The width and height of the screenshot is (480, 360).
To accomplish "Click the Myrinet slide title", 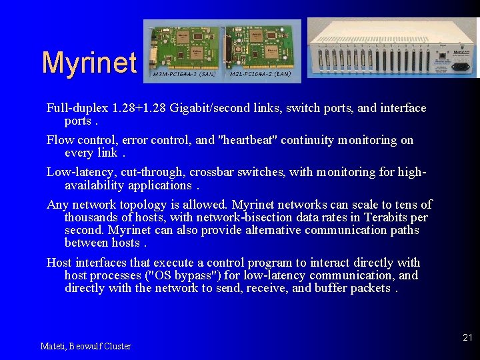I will (89, 63).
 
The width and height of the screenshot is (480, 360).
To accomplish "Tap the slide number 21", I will (467, 338).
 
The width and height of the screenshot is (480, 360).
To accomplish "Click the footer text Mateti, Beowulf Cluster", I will (85, 346).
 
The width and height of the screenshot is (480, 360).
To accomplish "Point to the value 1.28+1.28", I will (139, 108).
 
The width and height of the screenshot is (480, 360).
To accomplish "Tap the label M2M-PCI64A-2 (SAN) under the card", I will (182, 75).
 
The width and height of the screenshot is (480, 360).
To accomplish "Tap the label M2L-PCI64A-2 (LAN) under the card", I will (260, 75).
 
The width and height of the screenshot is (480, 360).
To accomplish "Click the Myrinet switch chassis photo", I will (393, 49).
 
